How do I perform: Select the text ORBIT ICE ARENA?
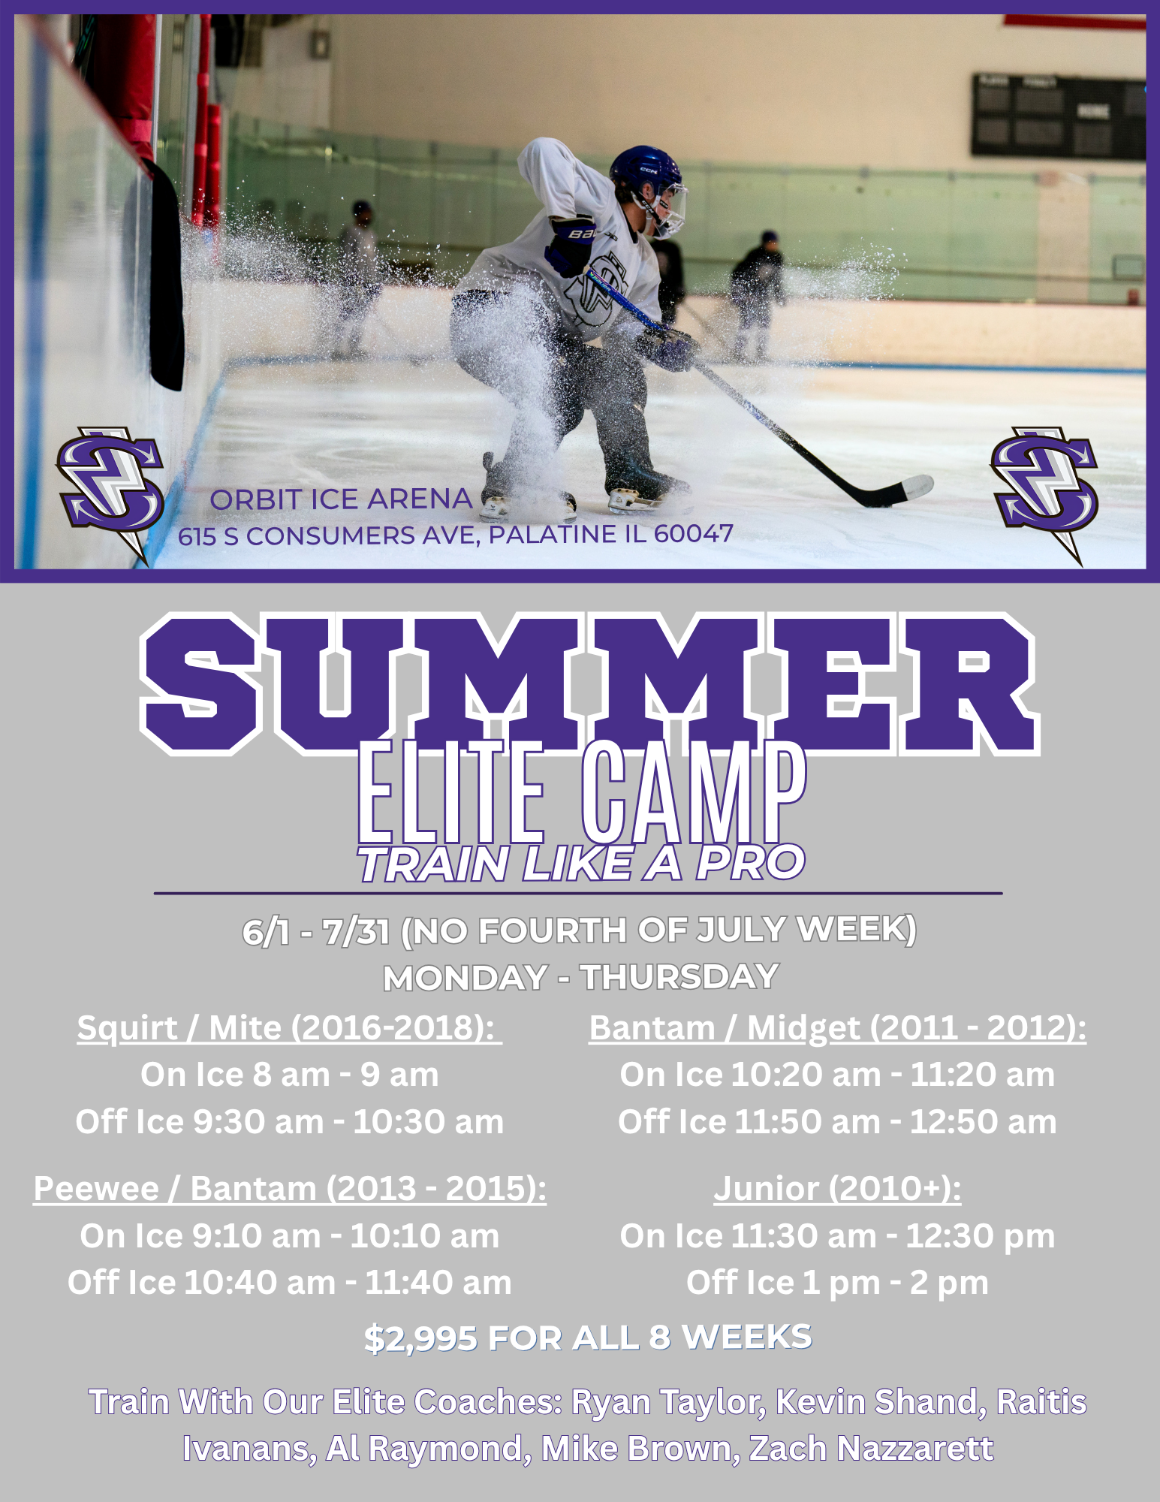point(341,499)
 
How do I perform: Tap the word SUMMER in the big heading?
point(589,683)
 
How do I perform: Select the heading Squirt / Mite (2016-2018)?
point(290,1027)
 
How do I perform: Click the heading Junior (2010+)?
point(837,1188)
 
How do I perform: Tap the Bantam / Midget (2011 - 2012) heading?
point(837,1027)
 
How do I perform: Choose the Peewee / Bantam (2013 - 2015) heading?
point(290,1188)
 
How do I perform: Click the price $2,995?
point(420,1338)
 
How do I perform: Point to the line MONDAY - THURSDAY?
point(581,977)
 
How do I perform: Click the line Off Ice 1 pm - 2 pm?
point(837,1283)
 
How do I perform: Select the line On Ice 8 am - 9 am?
point(290,1074)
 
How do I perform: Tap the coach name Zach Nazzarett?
point(871,1448)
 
